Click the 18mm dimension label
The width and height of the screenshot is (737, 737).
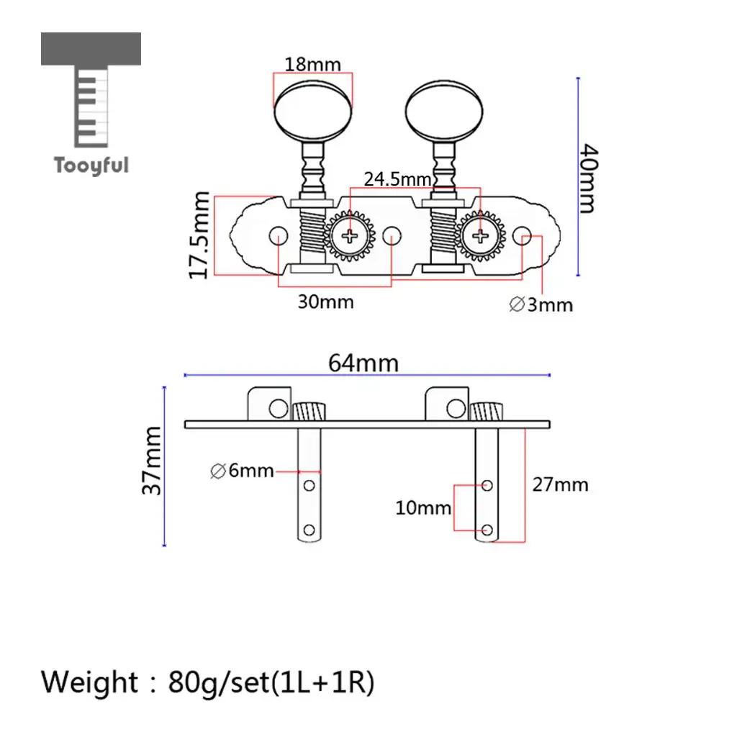point(312,64)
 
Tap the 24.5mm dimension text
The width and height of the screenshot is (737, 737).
point(397,179)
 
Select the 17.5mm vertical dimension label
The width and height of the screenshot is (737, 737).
point(199,235)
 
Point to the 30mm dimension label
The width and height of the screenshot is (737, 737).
point(326,302)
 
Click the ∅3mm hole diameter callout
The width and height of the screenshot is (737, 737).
point(541,304)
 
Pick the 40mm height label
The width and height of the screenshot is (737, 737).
point(588,178)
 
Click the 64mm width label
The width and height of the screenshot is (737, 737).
point(363,363)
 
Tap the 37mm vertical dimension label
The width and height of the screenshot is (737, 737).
point(152,461)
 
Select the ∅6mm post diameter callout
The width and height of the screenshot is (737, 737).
point(242,471)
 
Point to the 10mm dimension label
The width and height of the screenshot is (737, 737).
point(423,508)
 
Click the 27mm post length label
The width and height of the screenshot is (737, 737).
point(560,484)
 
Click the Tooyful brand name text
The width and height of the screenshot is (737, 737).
point(91,166)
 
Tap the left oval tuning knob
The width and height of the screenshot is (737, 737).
point(313,112)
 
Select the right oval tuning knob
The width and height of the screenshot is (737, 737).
point(444,112)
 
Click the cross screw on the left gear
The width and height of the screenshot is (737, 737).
point(349,236)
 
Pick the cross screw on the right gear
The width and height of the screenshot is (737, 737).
point(480,236)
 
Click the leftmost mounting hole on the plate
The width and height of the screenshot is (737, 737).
point(279,235)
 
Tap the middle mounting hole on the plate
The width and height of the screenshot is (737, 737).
point(392,235)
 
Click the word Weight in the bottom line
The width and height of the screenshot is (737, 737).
point(89,682)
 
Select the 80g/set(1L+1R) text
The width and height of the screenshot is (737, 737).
point(271,682)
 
